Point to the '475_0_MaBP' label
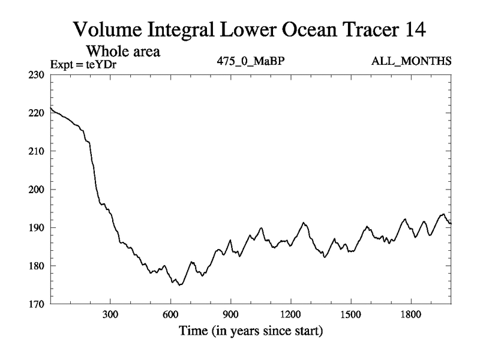(247, 61)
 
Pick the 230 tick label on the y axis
(37, 74)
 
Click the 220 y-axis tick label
(37, 113)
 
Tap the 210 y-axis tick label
(37, 151)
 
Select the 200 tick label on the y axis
(37, 190)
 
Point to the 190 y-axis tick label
(37, 227)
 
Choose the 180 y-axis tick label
(37, 266)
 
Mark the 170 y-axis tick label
(37, 304)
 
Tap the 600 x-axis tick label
(170, 314)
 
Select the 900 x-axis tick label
(230, 314)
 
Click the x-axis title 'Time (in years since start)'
(250, 331)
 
